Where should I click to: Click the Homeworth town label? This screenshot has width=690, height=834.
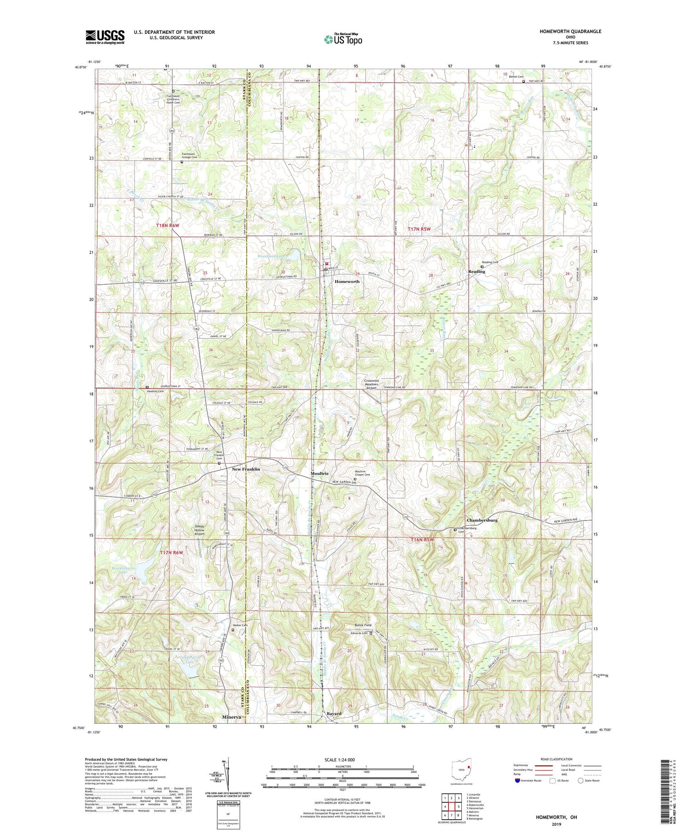point(347,281)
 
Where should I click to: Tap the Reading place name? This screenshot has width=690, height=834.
point(477,271)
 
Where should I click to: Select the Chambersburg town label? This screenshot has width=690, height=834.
point(482,520)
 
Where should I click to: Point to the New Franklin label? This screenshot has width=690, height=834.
point(246,469)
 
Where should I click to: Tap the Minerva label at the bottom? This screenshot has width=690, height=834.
point(231,717)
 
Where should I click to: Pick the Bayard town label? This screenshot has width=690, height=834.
point(334,713)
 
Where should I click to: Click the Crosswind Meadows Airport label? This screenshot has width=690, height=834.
point(371,384)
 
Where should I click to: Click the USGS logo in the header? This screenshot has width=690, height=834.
point(105,37)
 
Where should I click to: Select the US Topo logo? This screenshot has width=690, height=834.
point(343,39)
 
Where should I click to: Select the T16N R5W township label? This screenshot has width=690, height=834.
point(422,539)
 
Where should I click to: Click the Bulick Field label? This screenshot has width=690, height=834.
point(363,625)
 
